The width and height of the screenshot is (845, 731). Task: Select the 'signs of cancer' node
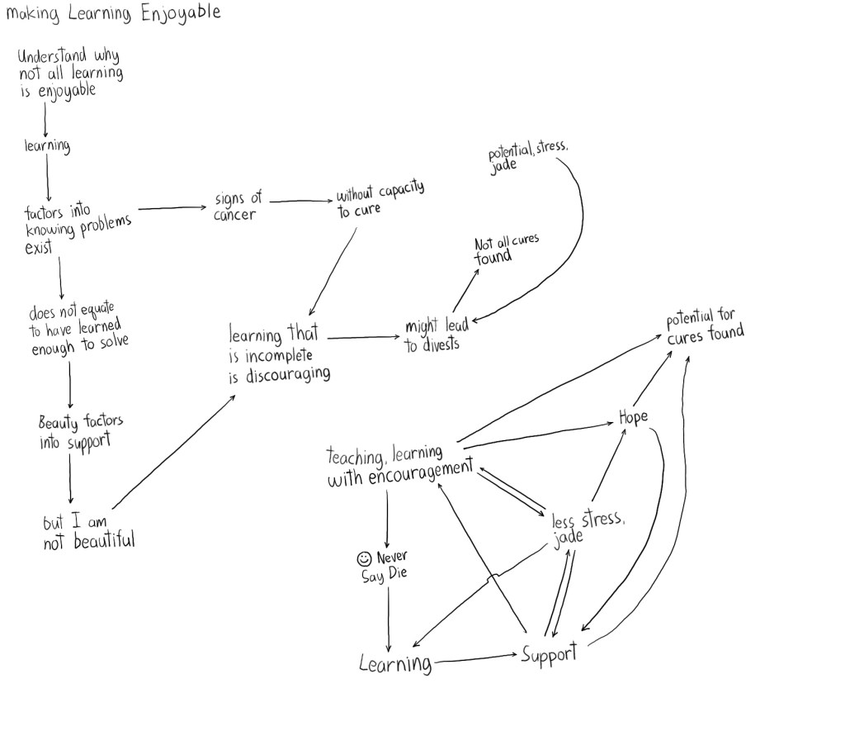[237, 206]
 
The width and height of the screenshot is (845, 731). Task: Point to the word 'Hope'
[633, 418]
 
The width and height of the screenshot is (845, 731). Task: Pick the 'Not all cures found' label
[505, 249]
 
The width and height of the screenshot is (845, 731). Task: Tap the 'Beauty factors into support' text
[80, 432]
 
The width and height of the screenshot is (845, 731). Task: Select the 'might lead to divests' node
[436, 335]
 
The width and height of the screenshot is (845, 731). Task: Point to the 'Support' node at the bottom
[549, 655]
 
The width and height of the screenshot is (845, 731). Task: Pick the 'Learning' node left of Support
[395, 663]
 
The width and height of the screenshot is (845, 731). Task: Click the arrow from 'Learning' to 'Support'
[476, 658]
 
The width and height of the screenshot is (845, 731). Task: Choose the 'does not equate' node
[78, 330]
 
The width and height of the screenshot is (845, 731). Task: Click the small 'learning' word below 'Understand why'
[46, 146]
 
